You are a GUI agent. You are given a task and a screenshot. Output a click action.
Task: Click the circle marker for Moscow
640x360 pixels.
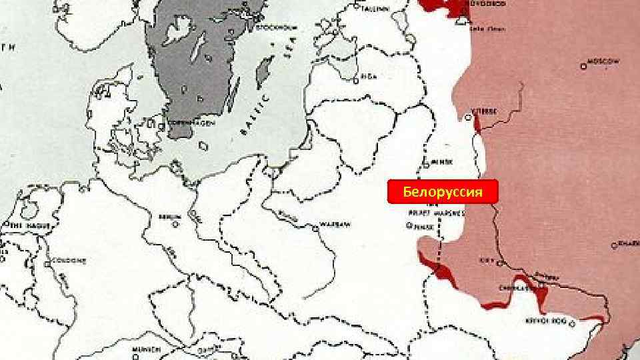pos(583,67)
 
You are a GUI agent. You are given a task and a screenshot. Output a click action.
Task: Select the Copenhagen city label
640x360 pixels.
pos(189,123)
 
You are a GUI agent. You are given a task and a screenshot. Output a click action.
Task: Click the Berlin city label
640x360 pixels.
pos(169,217)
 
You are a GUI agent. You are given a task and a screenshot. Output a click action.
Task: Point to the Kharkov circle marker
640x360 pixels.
pos(614,246)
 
